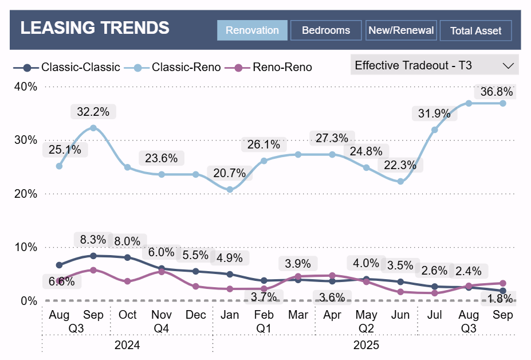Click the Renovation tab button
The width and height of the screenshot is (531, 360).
click(252, 30)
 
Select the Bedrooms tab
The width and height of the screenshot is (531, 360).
click(326, 30)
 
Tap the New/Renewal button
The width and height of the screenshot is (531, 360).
click(401, 30)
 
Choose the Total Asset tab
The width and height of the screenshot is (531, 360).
click(475, 31)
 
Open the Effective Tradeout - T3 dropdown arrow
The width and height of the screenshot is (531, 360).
click(508, 65)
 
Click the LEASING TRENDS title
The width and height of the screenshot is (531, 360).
click(95, 28)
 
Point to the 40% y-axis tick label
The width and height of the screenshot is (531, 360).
click(26, 87)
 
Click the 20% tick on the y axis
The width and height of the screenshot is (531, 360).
click(26, 194)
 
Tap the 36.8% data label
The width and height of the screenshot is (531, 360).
click(497, 92)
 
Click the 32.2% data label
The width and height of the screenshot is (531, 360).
click(93, 111)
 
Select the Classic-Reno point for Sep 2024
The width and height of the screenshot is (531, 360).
click(93, 128)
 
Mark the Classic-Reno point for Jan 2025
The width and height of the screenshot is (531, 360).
click(230, 189)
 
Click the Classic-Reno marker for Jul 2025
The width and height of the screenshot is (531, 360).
click(434, 130)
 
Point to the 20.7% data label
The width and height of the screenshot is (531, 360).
click(229, 173)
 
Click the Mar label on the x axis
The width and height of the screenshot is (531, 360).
click(298, 315)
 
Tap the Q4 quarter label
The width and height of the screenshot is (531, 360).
click(162, 328)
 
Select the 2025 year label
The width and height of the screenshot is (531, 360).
click(365, 346)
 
